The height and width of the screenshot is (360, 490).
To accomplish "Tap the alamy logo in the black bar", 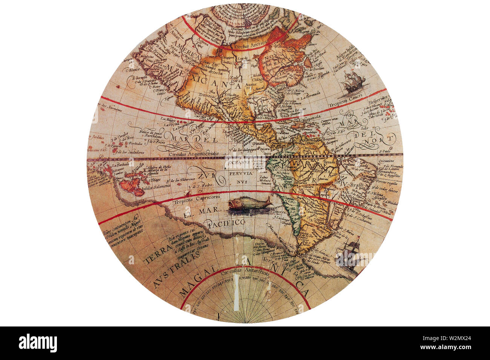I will click(x=38, y=343).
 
